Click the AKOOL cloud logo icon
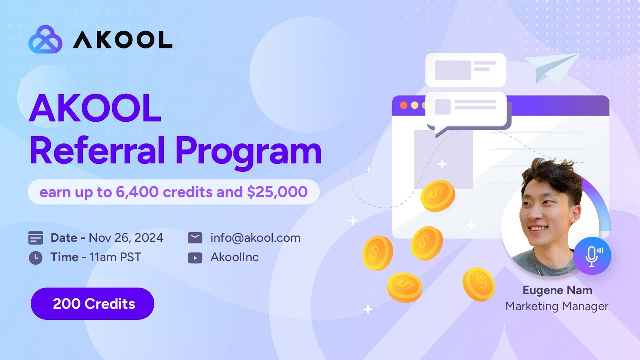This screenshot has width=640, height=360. [x=45, y=39]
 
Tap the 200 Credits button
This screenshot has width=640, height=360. [x=93, y=304]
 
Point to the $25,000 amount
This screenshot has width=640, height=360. [x=277, y=192]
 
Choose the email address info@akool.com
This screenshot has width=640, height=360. [x=255, y=238]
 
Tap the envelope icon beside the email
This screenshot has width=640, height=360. [x=195, y=238]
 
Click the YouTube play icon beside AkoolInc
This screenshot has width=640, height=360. [x=195, y=258]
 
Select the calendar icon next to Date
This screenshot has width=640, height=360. [x=36, y=238]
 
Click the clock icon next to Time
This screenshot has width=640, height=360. [x=36, y=258]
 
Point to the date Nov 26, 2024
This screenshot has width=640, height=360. [x=126, y=238]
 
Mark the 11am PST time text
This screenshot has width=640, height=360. [x=115, y=258]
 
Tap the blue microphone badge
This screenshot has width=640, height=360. [x=592, y=255]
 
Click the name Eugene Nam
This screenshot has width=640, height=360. [x=557, y=290]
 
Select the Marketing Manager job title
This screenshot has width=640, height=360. [x=557, y=306]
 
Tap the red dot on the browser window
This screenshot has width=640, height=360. [x=404, y=105]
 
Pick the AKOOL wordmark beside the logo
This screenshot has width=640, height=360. [x=123, y=39]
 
